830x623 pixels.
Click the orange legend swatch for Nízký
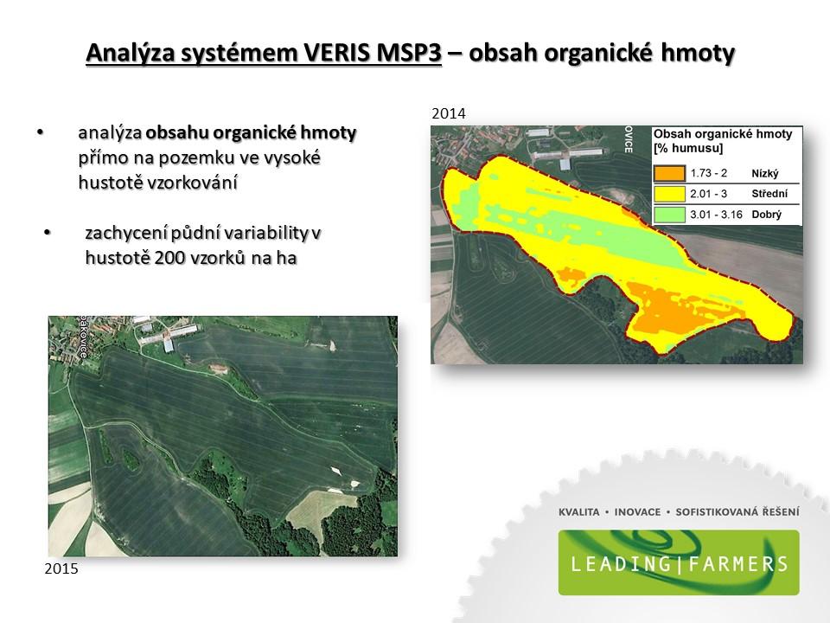pos(669,173)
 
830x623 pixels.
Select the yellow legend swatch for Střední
pos(669,194)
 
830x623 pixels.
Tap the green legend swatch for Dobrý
pos(669,215)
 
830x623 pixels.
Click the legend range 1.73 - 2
pos(709,173)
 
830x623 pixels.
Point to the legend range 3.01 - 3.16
pos(716,215)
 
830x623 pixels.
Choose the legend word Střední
pos(769,194)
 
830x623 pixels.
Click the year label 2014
pos(449,113)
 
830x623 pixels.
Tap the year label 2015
pos(61,568)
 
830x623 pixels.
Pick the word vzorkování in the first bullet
pos(157,183)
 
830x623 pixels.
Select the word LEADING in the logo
pos(621,563)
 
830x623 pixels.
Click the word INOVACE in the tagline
pos(637,512)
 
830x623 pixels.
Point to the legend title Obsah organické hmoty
pos(723,134)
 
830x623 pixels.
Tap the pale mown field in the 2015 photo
pos(321,510)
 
